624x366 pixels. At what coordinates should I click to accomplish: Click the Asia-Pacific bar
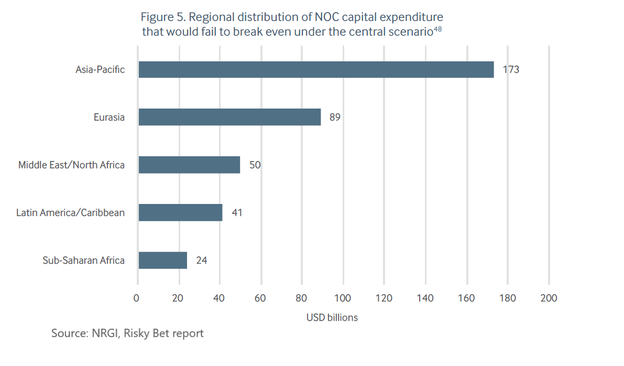(316, 70)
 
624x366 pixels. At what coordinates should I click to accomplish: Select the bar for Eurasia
(229, 117)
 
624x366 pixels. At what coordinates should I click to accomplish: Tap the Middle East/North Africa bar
(189, 165)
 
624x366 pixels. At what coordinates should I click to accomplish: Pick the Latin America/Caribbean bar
(180, 212)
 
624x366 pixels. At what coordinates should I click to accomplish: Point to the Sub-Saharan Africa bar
(162, 260)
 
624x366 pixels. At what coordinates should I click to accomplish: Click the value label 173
(510, 70)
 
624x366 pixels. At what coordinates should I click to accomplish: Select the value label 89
(335, 117)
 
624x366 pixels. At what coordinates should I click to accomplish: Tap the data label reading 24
(201, 260)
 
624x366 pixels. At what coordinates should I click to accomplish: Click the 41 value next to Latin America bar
(236, 212)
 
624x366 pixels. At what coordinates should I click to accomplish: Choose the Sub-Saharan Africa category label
(83, 260)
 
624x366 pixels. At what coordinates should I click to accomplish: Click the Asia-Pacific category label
(100, 70)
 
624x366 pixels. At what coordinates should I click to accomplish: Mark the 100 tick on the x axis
(343, 298)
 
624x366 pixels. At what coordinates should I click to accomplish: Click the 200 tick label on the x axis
(549, 298)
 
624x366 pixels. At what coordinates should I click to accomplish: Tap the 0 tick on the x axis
(137, 298)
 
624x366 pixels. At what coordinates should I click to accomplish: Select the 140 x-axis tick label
(425, 298)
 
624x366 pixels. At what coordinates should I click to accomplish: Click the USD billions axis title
(332, 318)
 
